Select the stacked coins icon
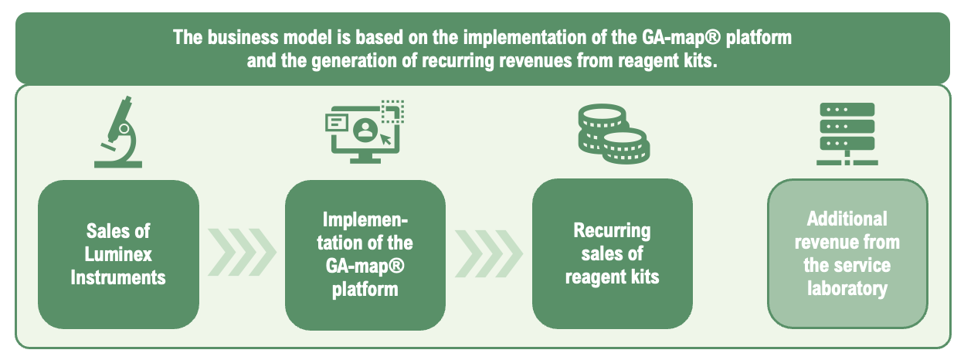[x=613, y=134]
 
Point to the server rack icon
[x=847, y=134]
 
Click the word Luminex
[x=118, y=254]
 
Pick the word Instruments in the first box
[x=118, y=278]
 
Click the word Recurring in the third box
[x=612, y=231]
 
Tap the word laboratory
[x=847, y=289]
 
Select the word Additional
[x=847, y=219]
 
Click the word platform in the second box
[x=365, y=290]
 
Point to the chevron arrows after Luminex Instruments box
[x=242, y=253]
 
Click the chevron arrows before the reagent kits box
[x=489, y=253]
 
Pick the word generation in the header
[x=355, y=61]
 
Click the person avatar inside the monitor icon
[x=365, y=130]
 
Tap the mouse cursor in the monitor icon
[x=385, y=140]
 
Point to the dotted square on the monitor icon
[x=392, y=111]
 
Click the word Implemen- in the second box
[x=365, y=220]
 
